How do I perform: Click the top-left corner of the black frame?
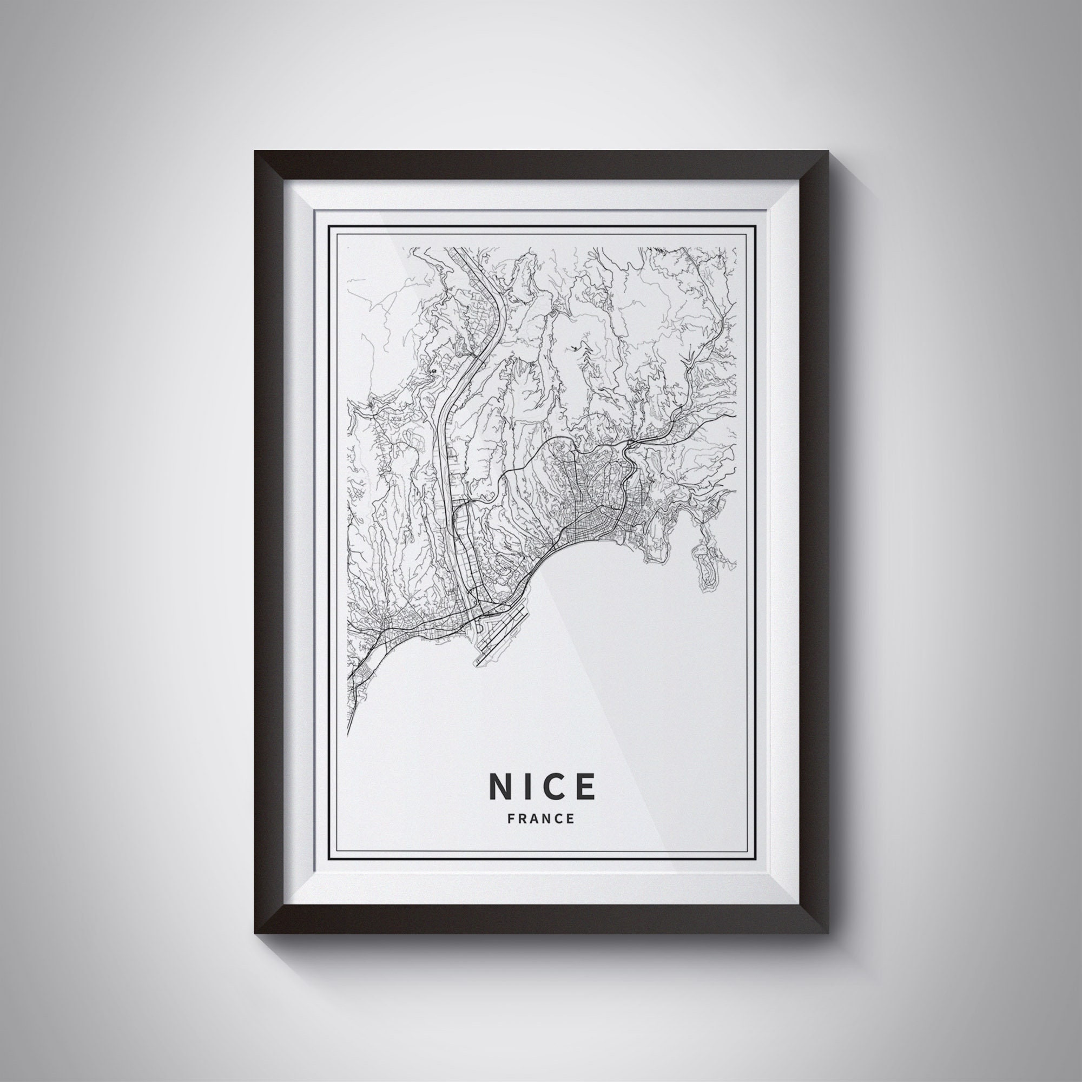click(255, 152)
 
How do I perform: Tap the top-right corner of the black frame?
click(827, 152)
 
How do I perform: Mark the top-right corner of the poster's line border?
click(755, 226)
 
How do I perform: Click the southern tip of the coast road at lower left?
click(348, 734)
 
